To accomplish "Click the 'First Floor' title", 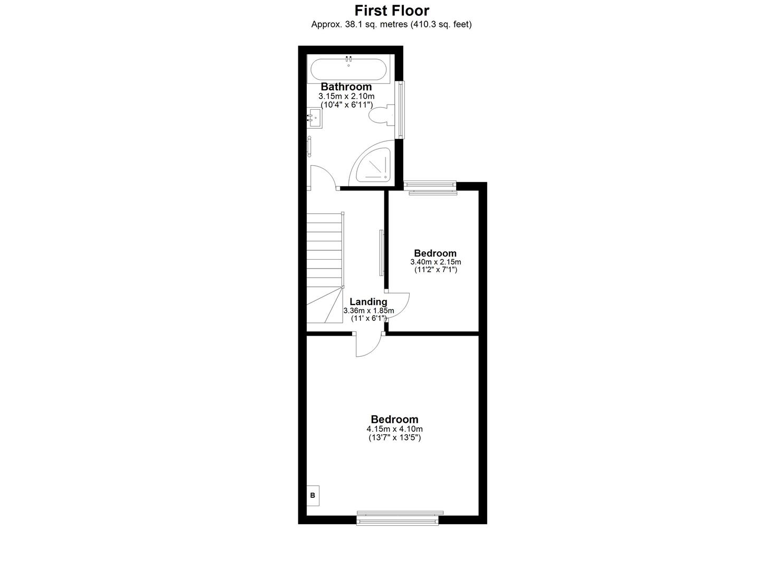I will click(391, 11).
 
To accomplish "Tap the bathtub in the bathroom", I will click(348, 69).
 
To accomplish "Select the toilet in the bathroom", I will click(381, 115).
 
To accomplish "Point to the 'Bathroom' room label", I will click(346, 87).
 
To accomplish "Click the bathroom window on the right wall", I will click(401, 109).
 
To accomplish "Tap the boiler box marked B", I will click(313, 495).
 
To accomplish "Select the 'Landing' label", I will click(368, 302).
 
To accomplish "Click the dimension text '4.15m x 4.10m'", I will click(394, 429).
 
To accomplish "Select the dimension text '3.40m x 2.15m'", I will click(436, 262).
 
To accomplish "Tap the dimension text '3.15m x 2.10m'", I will click(346, 96).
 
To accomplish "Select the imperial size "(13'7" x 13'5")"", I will click(394, 438).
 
